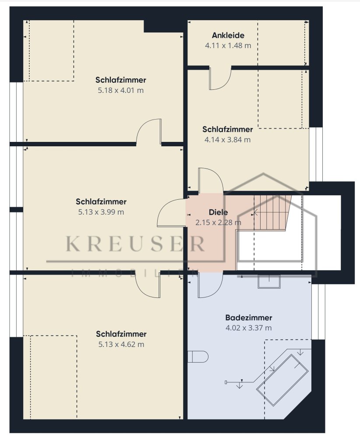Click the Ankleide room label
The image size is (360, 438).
click(x=228, y=35)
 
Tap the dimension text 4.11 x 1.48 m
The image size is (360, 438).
click(x=228, y=46)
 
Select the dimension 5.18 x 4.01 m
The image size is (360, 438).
click(x=120, y=91)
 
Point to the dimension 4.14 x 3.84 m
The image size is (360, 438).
click(x=227, y=140)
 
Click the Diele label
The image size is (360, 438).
click(x=218, y=212)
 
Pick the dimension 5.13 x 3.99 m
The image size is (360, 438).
click(x=101, y=212)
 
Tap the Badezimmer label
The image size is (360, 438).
click(x=249, y=318)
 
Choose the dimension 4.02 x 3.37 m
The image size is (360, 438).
click(x=249, y=328)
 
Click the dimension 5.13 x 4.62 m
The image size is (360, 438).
click(x=121, y=344)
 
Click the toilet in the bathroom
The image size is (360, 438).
click(x=198, y=357)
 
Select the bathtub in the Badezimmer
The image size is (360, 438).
click(x=282, y=380)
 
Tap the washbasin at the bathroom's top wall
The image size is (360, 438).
click(x=268, y=282)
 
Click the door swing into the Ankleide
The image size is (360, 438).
click(x=220, y=78)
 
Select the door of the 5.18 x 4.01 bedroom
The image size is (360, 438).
click(x=149, y=131)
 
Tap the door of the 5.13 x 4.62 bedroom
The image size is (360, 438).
click(x=148, y=285)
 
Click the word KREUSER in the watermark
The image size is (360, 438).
click(x=135, y=244)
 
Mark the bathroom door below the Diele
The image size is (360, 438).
click(x=211, y=285)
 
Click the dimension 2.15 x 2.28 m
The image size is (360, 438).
click(x=218, y=223)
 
